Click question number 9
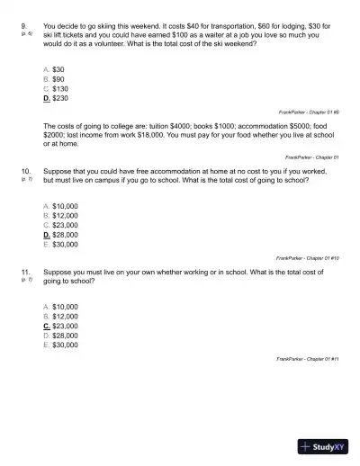tap(24, 26)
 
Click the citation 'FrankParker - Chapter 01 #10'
tap(308, 257)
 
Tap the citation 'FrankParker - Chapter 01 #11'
tap(308, 358)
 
